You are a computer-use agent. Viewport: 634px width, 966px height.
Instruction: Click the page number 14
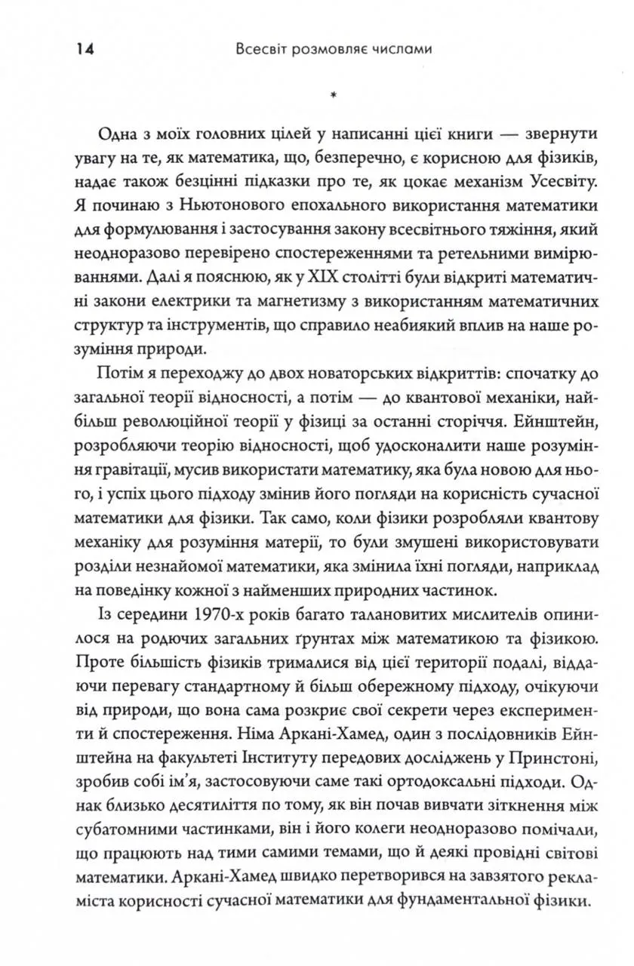[x=83, y=50]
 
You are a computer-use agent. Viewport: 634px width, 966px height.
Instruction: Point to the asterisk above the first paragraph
[x=333, y=96]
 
